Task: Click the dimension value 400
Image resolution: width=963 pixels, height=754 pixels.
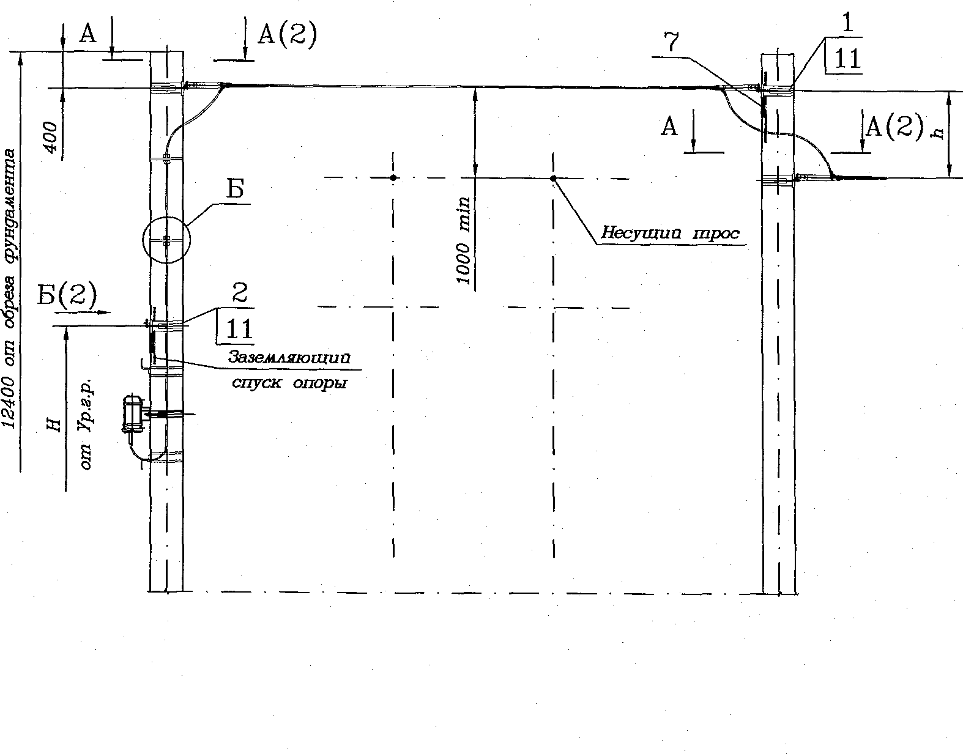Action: tap(51, 137)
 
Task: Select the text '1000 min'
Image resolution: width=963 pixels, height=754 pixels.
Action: tap(464, 241)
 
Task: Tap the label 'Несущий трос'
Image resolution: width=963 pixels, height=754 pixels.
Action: tap(670, 232)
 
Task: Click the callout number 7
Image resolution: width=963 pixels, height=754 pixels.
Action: tap(672, 43)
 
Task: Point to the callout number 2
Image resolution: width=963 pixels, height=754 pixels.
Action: tap(240, 293)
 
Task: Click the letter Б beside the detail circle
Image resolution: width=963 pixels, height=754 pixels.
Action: tap(236, 189)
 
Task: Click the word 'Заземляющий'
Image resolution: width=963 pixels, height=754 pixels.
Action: tap(289, 357)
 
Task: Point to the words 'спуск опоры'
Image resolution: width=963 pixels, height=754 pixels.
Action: tap(289, 382)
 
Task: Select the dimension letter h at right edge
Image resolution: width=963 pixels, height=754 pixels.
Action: tap(937, 131)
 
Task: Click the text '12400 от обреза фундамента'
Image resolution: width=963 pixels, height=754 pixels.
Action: tap(10, 288)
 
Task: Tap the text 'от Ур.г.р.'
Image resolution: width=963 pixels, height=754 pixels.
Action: tap(86, 424)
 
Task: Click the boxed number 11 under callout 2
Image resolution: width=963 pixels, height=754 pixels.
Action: tap(239, 329)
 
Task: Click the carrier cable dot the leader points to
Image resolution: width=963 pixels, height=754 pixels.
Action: tap(553, 178)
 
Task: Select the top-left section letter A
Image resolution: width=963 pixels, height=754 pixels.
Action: tap(87, 33)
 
